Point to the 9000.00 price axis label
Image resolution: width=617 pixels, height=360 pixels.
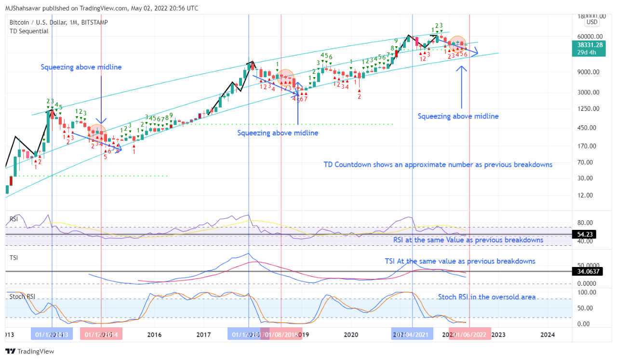click(x=590, y=72)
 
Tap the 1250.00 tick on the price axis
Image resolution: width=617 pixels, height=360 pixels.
click(x=590, y=108)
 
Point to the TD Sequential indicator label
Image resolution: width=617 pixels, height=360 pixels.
click(x=29, y=31)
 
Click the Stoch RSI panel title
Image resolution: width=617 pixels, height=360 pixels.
click(x=22, y=296)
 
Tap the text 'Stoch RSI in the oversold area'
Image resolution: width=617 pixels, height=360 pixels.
click(x=487, y=297)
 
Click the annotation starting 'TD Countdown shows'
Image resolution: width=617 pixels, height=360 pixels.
click(x=438, y=165)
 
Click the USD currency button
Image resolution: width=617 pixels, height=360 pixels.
click(x=592, y=22)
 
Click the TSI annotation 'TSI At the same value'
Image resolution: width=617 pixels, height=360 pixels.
click(x=459, y=261)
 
